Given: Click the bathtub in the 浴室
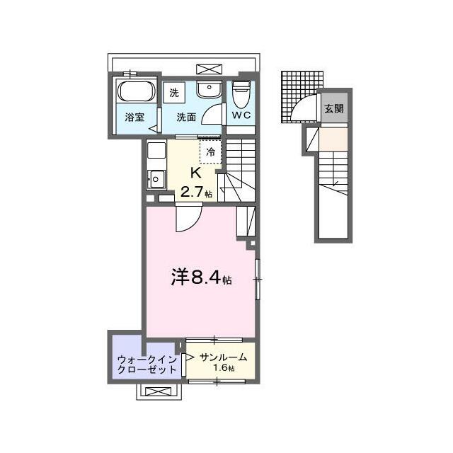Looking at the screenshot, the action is (x=136, y=91).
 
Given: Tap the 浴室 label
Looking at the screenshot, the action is (x=134, y=117).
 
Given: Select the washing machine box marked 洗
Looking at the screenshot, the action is (x=174, y=93).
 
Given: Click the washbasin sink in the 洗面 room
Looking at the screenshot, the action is (x=210, y=89).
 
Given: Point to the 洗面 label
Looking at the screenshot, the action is (x=186, y=117).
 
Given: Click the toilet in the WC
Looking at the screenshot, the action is (x=241, y=94).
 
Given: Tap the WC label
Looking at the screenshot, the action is (x=241, y=115).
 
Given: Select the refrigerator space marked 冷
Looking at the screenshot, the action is (x=211, y=152).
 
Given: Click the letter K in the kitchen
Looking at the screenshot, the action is (x=195, y=173).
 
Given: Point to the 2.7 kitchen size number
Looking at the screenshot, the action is (x=192, y=192).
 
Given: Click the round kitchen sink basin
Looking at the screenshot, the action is (x=156, y=179).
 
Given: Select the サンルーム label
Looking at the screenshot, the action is (x=223, y=357).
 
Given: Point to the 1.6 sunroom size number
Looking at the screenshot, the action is (x=220, y=368).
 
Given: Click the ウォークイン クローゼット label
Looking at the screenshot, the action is (x=147, y=365).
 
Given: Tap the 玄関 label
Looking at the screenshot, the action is (x=334, y=108).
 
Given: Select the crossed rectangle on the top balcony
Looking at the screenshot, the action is (x=210, y=69).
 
